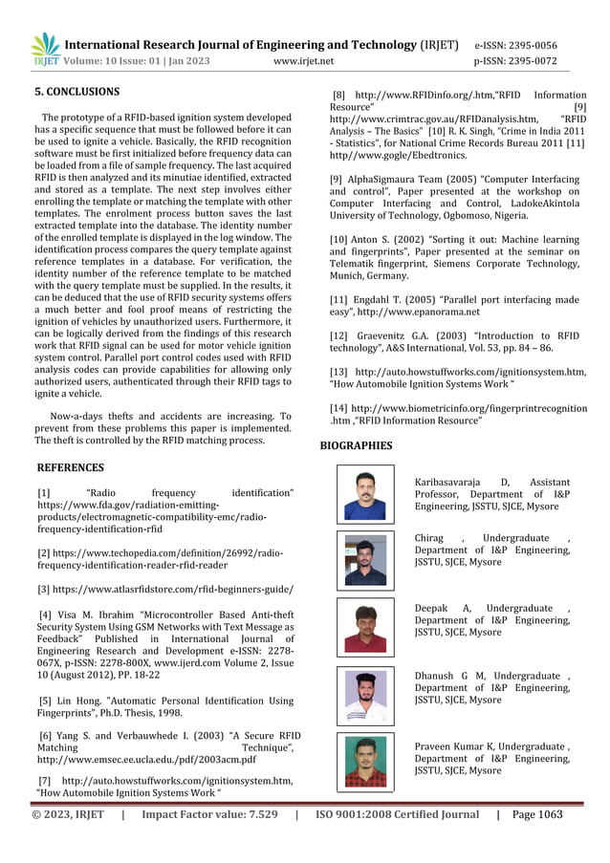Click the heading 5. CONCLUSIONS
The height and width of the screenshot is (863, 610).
(77, 92)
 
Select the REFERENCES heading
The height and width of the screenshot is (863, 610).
(70, 467)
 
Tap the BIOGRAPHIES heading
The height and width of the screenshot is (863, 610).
(355, 445)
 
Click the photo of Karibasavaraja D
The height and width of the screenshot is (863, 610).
(365, 494)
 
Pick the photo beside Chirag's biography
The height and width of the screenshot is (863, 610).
(365, 560)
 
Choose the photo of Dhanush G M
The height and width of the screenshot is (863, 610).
(365, 696)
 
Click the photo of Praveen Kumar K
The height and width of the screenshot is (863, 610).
(365, 763)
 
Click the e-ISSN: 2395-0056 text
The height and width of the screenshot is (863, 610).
(515, 45)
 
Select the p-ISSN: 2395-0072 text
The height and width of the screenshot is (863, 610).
(515, 61)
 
